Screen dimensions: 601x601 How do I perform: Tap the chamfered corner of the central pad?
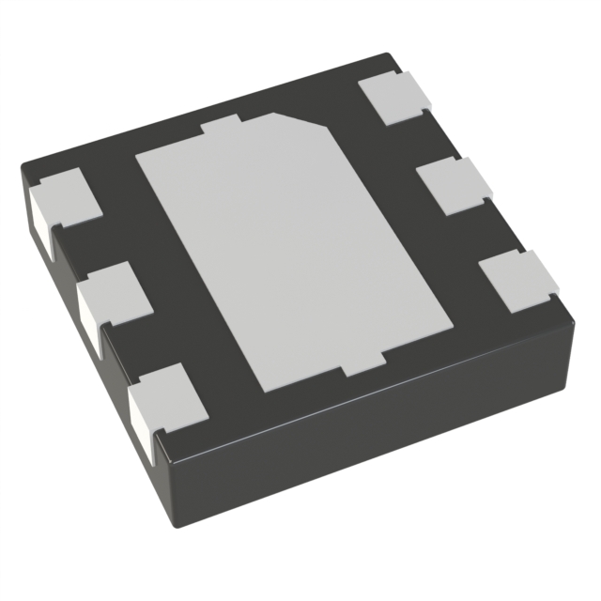pyautogui.click(x=300, y=122)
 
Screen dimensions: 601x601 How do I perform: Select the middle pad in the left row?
pyautogui.click(x=116, y=292)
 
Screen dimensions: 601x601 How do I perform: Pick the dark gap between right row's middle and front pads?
pyautogui.click(x=488, y=235)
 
